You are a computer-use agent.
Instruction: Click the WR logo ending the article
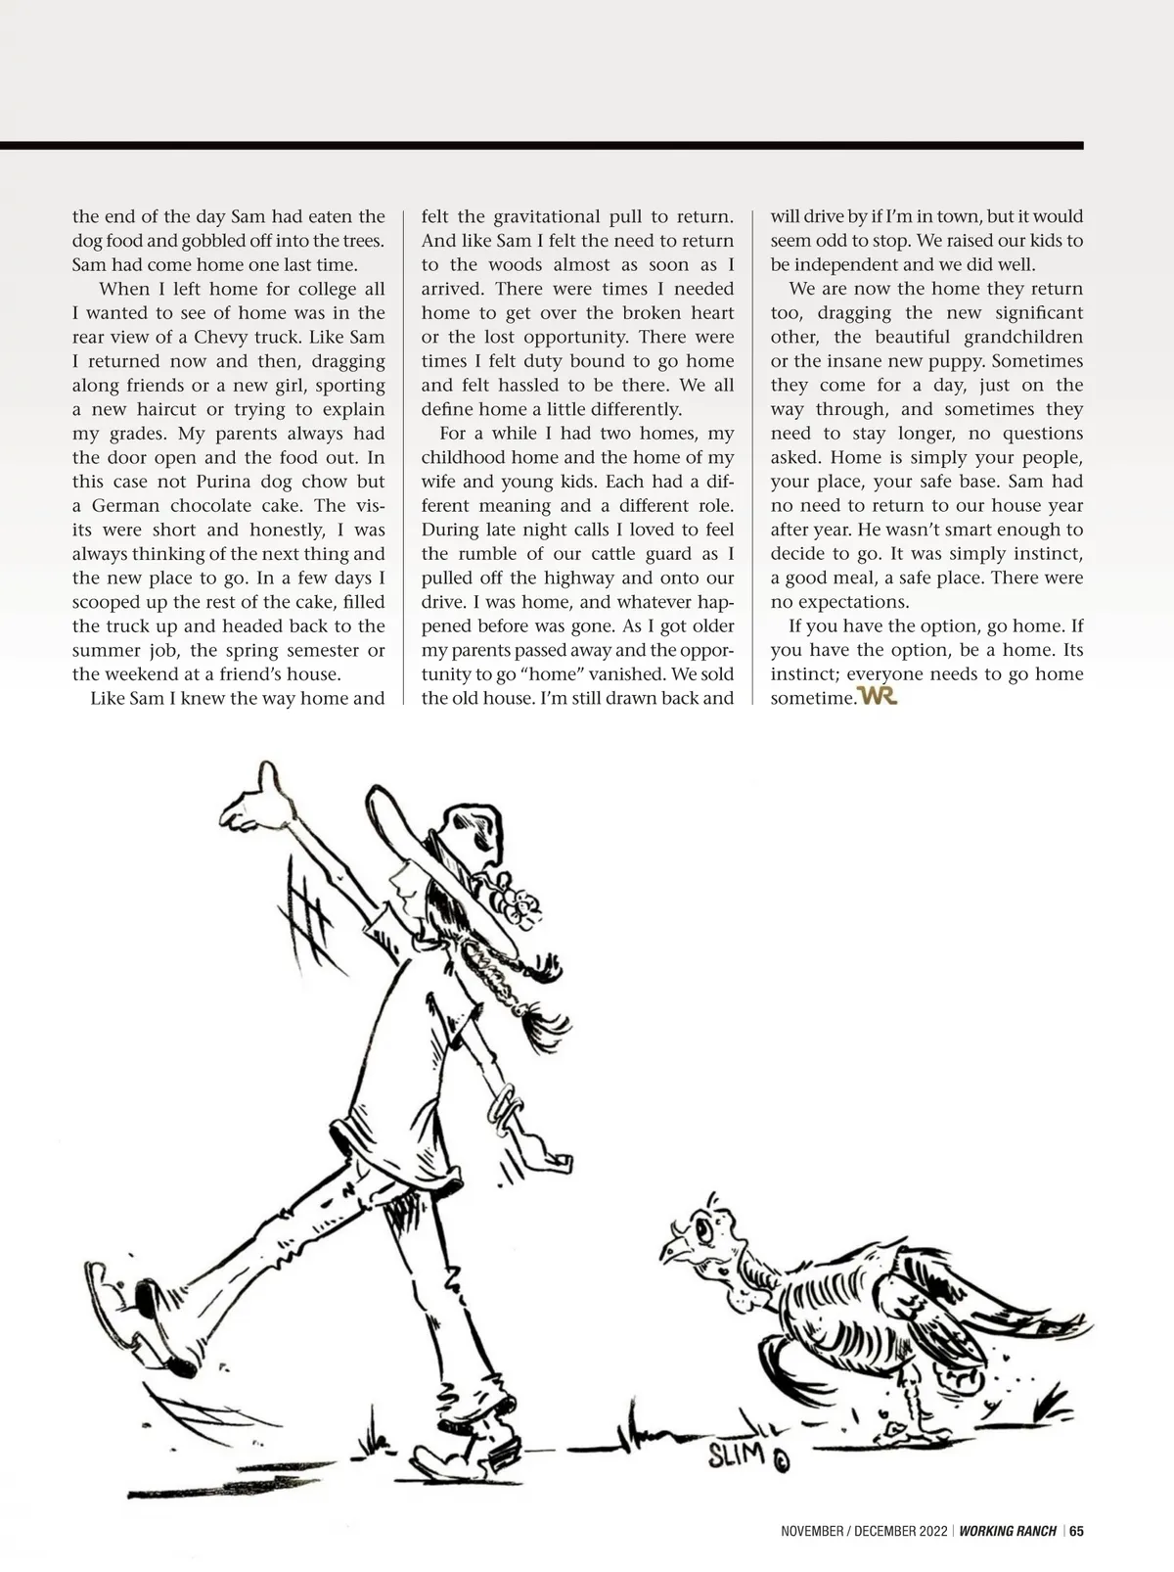pyautogui.click(x=877, y=697)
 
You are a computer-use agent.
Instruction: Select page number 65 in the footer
pyautogui.click(x=1076, y=1532)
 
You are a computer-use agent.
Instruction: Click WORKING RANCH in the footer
pyautogui.click(x=1008, y=1532)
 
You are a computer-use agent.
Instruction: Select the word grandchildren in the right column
pyautogui.click(x=1024, y=337)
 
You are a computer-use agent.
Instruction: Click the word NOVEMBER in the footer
pyautogui.click(x=811, y=1532)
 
